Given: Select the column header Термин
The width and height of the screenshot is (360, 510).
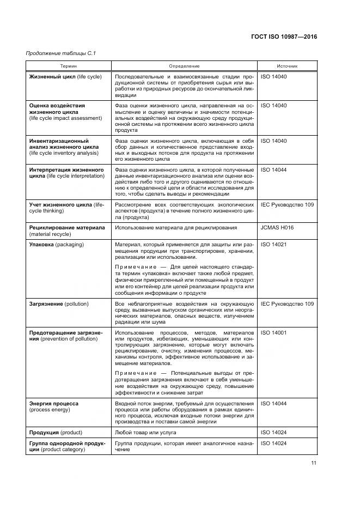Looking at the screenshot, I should pyautogui.click(x=69, y=66).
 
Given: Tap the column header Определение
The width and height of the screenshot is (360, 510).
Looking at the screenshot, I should pyautogui.click(x=184, y=66).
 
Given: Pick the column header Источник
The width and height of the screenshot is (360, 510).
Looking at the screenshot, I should pyautogui.click(x=286, y=66).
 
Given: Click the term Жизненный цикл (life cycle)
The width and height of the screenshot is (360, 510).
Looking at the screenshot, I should pyautogui.click(x=65, y=77).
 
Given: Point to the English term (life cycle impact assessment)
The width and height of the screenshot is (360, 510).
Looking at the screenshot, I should pyautogui.click(x=65, y=118).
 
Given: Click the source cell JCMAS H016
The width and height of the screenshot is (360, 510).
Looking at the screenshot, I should pyautogui.click(x=277, y=227).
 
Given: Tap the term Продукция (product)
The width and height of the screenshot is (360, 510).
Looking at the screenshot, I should pyautogui.click(x=56, y=432).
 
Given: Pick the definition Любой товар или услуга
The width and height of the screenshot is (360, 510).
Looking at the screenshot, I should pyautogui.click(x=145, y=432).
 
